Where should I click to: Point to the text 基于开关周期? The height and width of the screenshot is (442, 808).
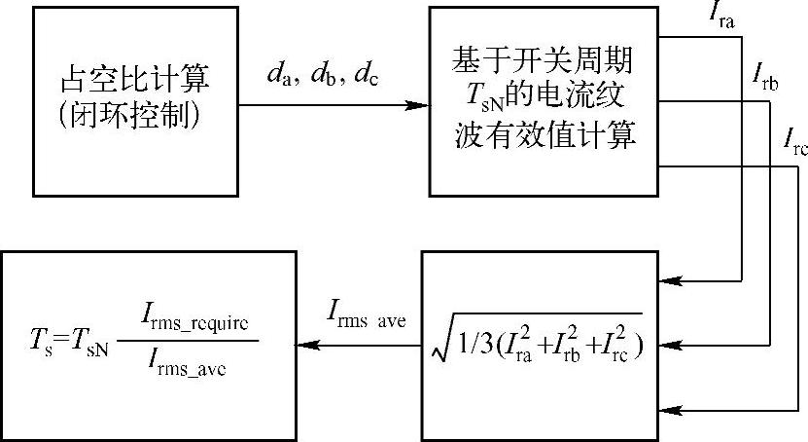(542, 60)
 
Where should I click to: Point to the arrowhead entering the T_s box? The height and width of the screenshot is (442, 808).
(304, 344)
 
